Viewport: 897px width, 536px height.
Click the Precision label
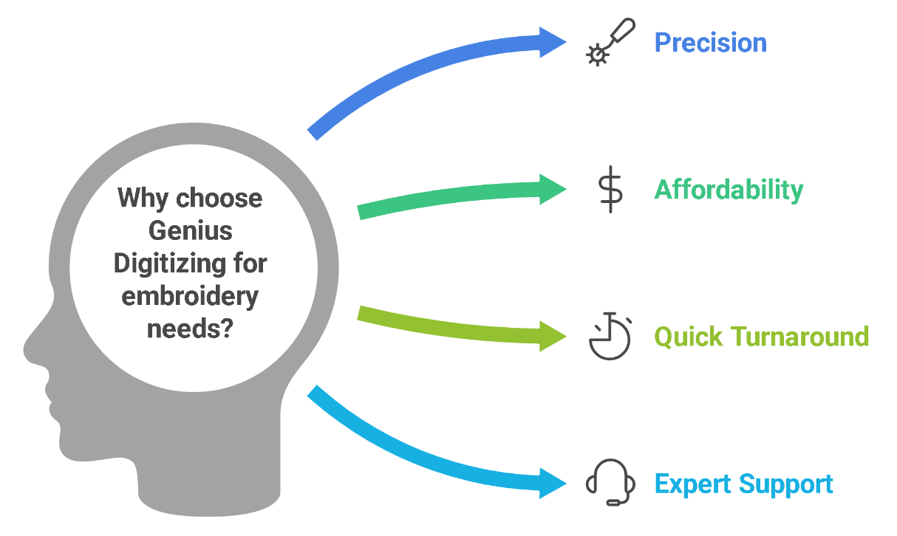coord(710,42)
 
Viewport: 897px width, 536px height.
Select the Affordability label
coord(729,190)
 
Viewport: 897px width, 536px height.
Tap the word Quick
coord(689,337)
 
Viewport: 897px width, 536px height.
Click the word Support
coord(785,485)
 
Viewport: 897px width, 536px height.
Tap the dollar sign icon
coord(610,189)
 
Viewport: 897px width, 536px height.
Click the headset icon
coord(610,482)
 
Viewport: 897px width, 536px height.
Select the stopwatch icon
coord(610,336)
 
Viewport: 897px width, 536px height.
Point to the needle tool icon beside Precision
coord(610,42)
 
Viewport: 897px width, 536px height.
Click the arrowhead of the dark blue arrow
coord(553,42)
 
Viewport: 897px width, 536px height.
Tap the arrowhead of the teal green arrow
coord(553,189)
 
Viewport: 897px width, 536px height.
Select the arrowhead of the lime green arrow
coord(553,337)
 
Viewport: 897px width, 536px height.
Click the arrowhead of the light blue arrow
coord(553,484)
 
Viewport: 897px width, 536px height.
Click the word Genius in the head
coord(190,231)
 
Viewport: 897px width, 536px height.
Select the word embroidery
coord(190,297)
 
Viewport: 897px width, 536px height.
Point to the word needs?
coord(190,329)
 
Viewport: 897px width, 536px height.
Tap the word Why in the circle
coord(143,199)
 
